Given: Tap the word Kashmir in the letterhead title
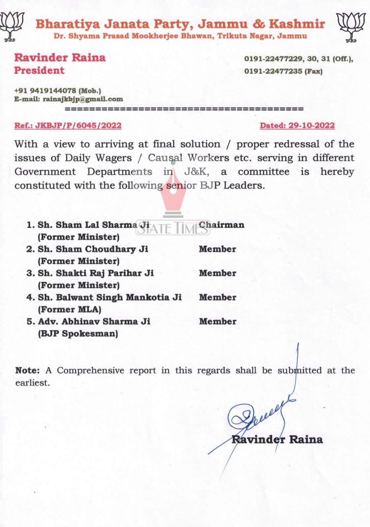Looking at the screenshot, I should click(297, 24).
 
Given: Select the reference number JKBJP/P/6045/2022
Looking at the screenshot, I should click(78, 125).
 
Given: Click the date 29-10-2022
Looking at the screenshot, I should click(311, 125).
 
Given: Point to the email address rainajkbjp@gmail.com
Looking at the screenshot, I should click(83, 99).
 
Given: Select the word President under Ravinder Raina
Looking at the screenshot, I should click(39, 70).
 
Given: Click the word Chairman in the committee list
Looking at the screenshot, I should click(222, 225).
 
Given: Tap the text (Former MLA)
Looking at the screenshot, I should click(70, 309).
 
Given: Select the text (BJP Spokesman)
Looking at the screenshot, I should click(78, 333).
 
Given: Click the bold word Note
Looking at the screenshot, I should click(27, 370).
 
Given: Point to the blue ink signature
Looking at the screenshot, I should click(261, 415).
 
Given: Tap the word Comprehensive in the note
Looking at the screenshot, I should click(91, 370).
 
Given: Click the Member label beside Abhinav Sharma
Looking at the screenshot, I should click(218, 321).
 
